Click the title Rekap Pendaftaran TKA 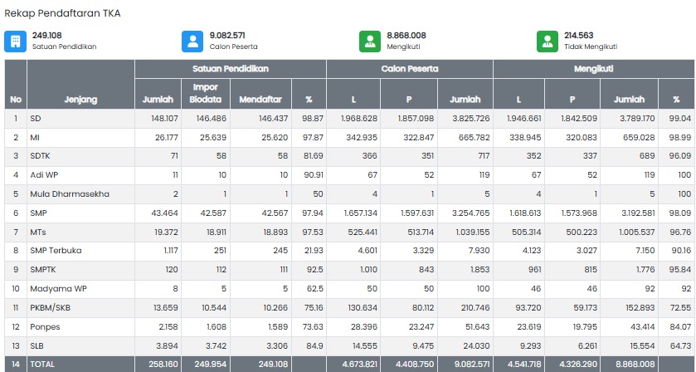point(62,13)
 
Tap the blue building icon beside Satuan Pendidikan point(16,42)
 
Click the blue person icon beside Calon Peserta point(192,42)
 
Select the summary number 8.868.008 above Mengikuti point(406,36)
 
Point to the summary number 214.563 point(578,36)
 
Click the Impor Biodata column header point(206,93)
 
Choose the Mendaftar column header point(260,100)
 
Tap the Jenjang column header point(80,100)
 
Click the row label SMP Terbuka point(56,251)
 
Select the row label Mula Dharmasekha point(70,194)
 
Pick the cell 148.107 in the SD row point(165,119)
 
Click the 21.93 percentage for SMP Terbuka point(313,251)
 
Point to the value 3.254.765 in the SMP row point(471,213)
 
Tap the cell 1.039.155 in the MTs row point(471,232)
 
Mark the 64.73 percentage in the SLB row point(681,345)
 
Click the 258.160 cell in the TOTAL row point(163,365)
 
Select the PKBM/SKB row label point(50,307)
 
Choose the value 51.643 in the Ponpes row point(477,326)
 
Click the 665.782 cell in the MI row point(474,138)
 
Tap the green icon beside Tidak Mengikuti point(548,42)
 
